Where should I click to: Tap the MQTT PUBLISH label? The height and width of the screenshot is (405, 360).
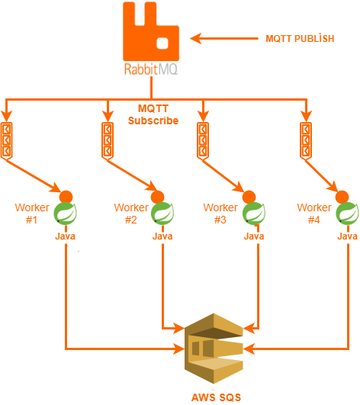300,38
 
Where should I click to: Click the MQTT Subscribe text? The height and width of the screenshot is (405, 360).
153,115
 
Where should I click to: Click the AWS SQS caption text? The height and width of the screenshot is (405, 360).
215,397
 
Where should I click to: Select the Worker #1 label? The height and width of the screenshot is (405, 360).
32,214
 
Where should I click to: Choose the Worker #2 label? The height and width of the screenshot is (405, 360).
131,214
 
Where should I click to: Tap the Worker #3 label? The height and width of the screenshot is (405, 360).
220,214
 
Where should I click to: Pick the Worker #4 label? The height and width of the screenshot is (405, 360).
314,214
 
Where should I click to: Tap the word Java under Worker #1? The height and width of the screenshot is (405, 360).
65,236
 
